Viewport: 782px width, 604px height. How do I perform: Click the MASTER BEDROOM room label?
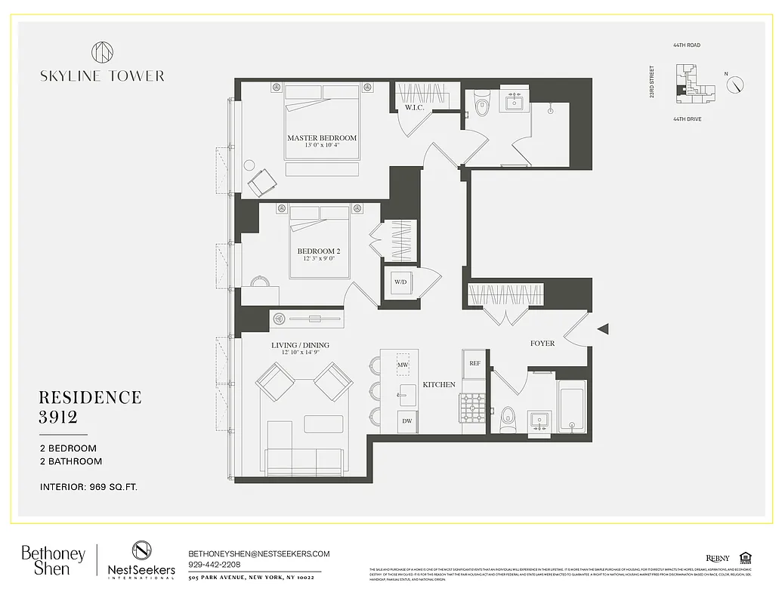(x=321, y=138)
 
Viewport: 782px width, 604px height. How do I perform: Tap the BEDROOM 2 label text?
(x=316, y=251)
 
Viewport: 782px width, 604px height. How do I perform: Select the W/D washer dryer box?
(x=399, y=282)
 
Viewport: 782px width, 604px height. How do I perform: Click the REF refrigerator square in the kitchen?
(x=474, y=363)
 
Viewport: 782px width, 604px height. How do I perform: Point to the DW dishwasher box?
(x=406, y=421)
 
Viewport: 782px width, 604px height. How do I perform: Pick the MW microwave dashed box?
(x=403, y=365)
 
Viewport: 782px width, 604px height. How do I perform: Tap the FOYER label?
(x=542, y=344)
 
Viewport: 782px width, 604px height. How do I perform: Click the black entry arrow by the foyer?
(x=603, y=328)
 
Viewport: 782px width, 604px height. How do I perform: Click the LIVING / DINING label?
(x=300, y=346)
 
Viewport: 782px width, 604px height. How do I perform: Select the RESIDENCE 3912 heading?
(x=90, y=407)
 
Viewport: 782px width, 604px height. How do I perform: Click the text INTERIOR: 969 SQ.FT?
(x=88, y=487)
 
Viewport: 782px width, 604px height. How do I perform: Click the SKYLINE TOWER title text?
(x=102, y=75)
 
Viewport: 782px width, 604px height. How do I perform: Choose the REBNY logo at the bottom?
(x=718, y=558)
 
